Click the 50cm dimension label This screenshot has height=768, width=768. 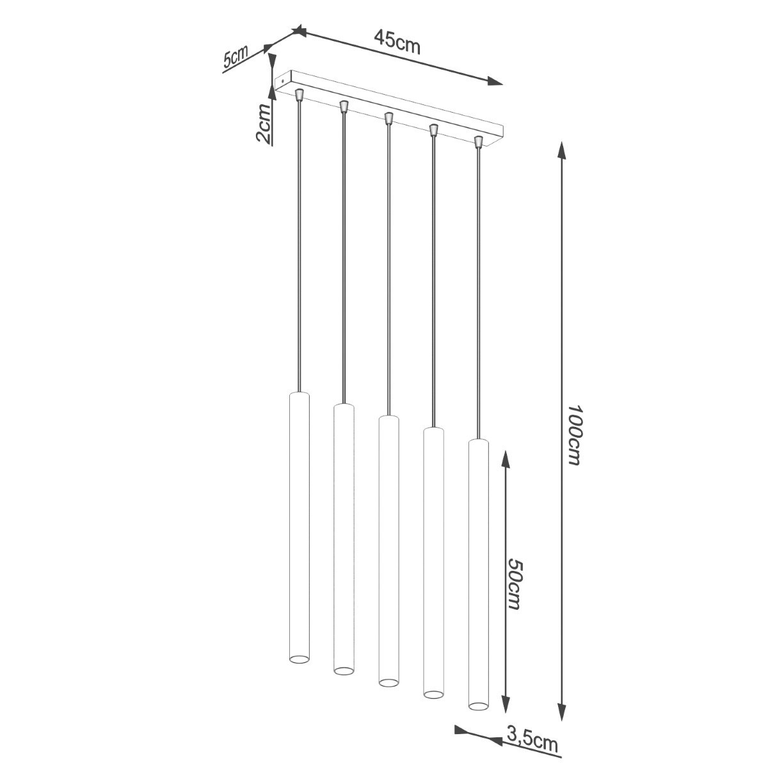(516, 583)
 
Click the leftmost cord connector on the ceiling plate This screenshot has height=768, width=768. (299, 95)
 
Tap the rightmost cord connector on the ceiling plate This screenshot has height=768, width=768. (477, 140)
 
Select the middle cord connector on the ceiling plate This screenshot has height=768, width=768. (388, 118)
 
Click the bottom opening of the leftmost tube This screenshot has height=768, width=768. (299, 658)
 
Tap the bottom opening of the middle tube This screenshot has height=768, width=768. (388, 682)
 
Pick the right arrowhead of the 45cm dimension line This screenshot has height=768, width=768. (495, 81)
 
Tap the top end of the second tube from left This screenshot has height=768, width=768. (344, 406)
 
